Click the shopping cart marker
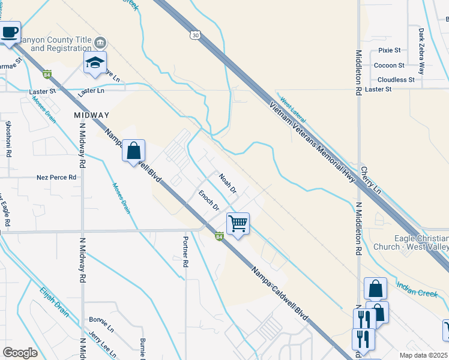click(238, 224)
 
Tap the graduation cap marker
click(95, 63)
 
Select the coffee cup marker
click(10, 32)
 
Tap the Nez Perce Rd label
click(56, 178)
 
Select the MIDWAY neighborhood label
click(92, 115)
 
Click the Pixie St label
click(389, 50)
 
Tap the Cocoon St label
click(389, 65)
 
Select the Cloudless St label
click(396, 80)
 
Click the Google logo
click(20, 353)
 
